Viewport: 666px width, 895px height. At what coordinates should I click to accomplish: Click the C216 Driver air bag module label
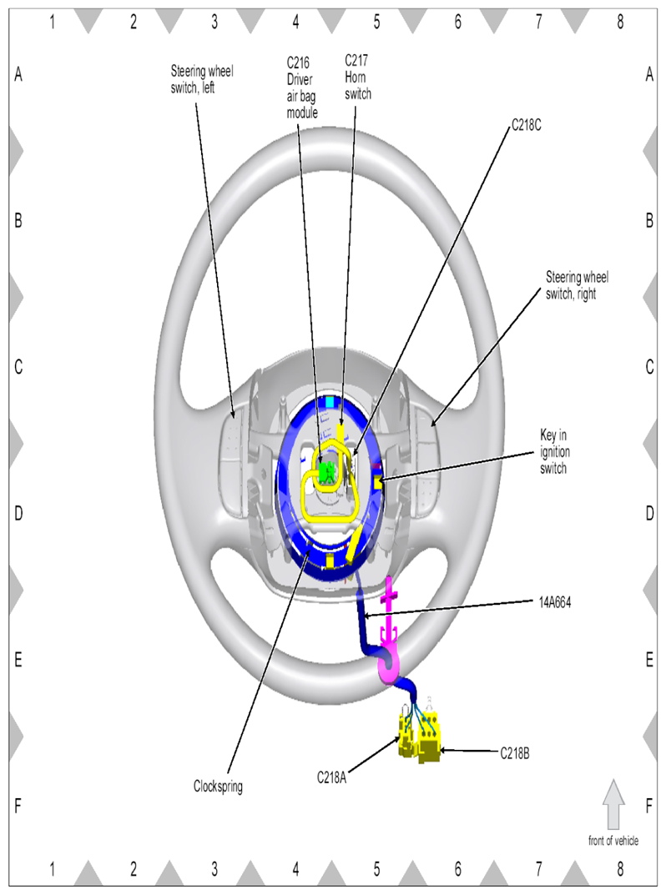301,88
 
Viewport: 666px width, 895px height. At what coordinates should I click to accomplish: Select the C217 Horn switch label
357,77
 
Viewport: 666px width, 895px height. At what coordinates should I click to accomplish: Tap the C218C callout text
526,125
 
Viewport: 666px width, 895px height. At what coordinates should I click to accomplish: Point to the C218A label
331,777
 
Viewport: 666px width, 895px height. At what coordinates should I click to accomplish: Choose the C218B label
515,753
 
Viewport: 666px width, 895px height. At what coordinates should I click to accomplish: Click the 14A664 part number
555,602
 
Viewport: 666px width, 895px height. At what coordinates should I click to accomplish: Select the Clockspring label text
218,787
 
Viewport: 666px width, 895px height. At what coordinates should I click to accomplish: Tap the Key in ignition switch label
555,451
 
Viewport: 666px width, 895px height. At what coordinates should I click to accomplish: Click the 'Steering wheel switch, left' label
202,79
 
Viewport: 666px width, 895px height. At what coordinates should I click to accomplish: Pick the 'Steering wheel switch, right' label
577,285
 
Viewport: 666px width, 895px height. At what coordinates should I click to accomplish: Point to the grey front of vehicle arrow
613,804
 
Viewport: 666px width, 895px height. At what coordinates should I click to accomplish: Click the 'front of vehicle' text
613,840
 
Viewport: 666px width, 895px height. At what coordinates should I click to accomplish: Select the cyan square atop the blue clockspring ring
330,401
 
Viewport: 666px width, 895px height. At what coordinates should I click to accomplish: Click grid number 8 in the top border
620,22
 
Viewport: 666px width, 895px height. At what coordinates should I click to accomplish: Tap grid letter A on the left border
18,74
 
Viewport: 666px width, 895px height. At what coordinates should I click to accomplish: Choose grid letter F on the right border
648,806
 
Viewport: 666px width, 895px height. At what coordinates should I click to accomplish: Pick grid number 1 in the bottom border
52,869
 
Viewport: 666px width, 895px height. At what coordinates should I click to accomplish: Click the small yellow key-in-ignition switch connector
377,484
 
